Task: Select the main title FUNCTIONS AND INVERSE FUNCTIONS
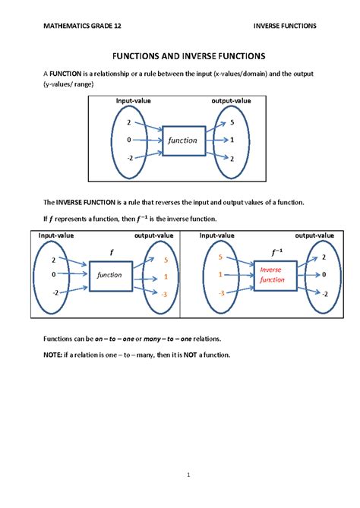(180, 56)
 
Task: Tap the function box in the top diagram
(183, 140)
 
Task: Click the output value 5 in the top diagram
(231, 122)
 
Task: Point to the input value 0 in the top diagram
(129, 140)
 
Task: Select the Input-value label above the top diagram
(135, 101)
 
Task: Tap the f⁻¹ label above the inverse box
(270, 251)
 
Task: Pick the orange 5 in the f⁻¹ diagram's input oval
(220, 257)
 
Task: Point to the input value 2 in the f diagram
(54, 260)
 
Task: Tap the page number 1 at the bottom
(180, 476)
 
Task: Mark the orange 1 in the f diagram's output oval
(165, 277)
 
